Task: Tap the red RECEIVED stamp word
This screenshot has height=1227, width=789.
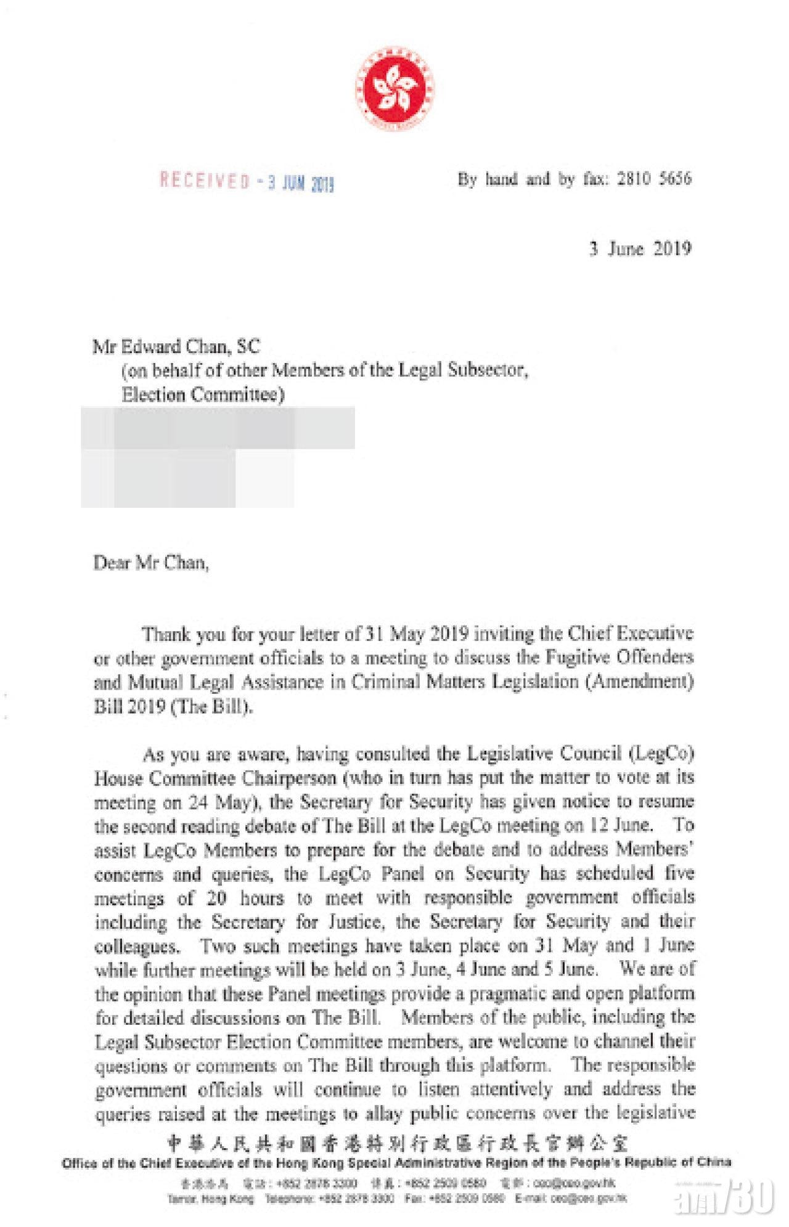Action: coord(205,181)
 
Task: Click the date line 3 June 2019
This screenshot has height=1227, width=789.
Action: coord(640,249)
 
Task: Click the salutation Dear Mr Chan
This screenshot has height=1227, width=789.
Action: coord(151,563)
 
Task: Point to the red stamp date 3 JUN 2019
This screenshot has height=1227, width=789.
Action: coord(300,184)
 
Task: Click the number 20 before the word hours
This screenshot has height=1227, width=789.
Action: coord(216,897)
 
